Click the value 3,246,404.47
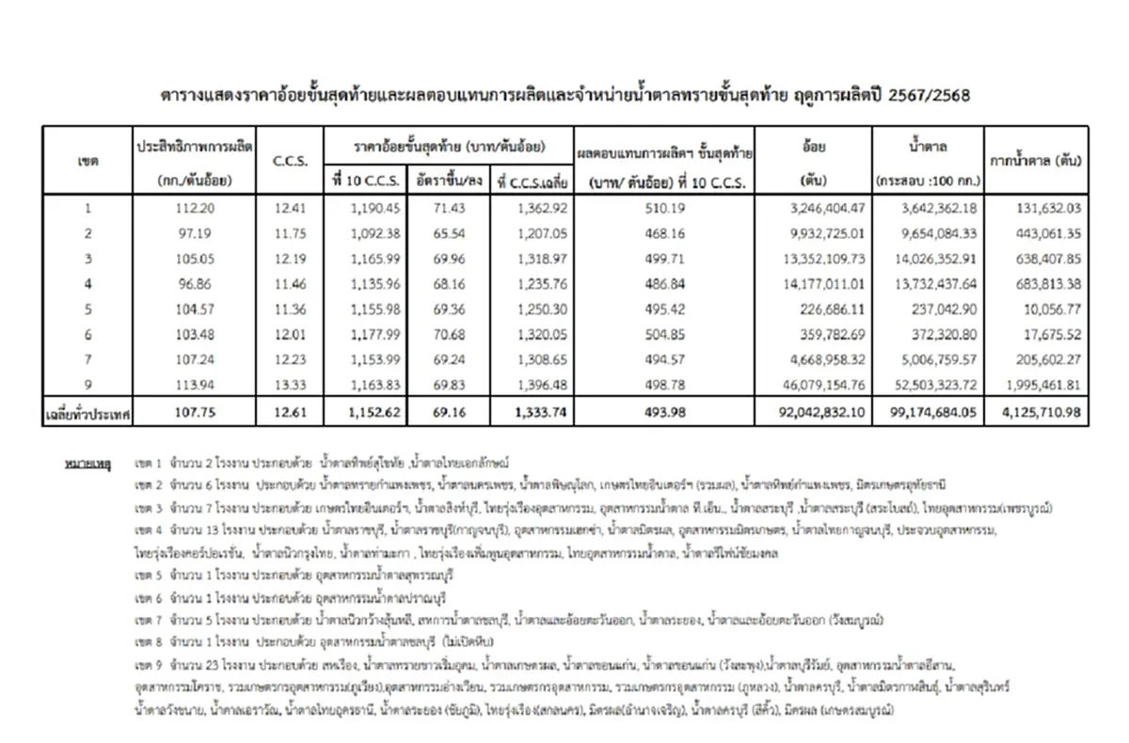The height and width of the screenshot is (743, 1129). coord(816,208)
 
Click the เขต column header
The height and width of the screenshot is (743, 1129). coord(88,161)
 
